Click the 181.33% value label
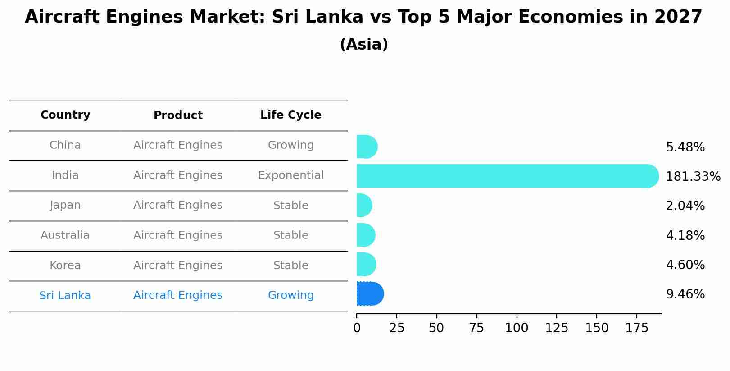point(693,177)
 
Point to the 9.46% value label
point(685,294)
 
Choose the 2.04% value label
point(685,206)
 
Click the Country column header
point(65,115)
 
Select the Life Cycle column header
point(290,115)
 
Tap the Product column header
point(178,115)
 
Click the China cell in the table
point(65,145)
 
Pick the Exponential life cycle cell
point(290,175)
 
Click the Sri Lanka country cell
point(65,296)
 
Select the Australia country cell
point(65,235)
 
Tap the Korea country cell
point(65,266)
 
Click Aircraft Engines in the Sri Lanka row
point(178,295)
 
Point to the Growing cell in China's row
point(290,145)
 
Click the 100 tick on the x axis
point(517,328)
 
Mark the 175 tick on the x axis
point(637,328)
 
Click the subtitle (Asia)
point(364,45)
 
